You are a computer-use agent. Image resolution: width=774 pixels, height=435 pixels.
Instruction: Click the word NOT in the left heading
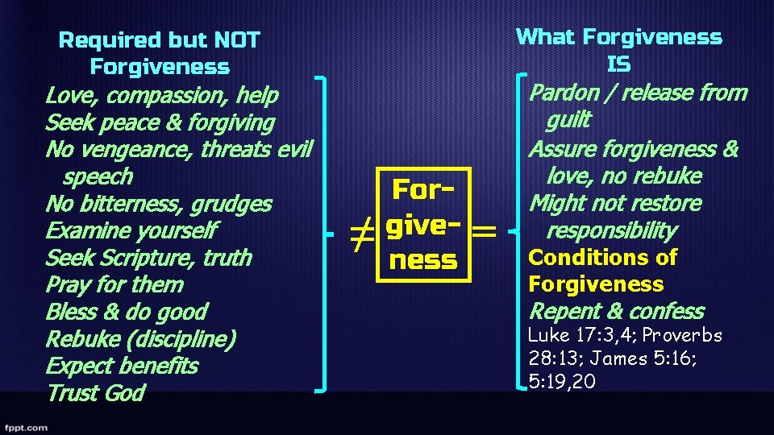coord(237,39)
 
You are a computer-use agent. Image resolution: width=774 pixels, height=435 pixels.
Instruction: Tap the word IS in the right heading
coord(618,64)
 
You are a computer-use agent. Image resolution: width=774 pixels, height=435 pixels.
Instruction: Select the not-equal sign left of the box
coord(362,234)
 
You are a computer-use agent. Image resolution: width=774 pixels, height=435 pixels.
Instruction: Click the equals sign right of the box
coord(483,232)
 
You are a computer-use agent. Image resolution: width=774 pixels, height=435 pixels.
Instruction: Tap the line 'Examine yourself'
coord(131,231)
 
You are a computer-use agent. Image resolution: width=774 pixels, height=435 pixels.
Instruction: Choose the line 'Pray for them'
coord(114,285)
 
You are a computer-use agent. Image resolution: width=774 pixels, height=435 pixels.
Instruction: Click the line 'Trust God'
coord(95,393)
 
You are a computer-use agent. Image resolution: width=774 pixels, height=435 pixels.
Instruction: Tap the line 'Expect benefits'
coord(122,367)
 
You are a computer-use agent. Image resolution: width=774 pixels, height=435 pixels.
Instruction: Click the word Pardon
coord(564,93)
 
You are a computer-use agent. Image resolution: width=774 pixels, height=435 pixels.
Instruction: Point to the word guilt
coord(568,121)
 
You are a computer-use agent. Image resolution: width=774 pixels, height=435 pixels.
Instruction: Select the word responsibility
coord(611,231)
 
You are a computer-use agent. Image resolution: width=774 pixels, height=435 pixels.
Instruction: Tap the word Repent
coord(560,312)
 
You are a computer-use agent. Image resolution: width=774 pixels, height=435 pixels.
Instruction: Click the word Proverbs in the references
coord(682,335)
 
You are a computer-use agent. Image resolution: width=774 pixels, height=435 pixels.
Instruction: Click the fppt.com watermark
coord(26,427)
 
